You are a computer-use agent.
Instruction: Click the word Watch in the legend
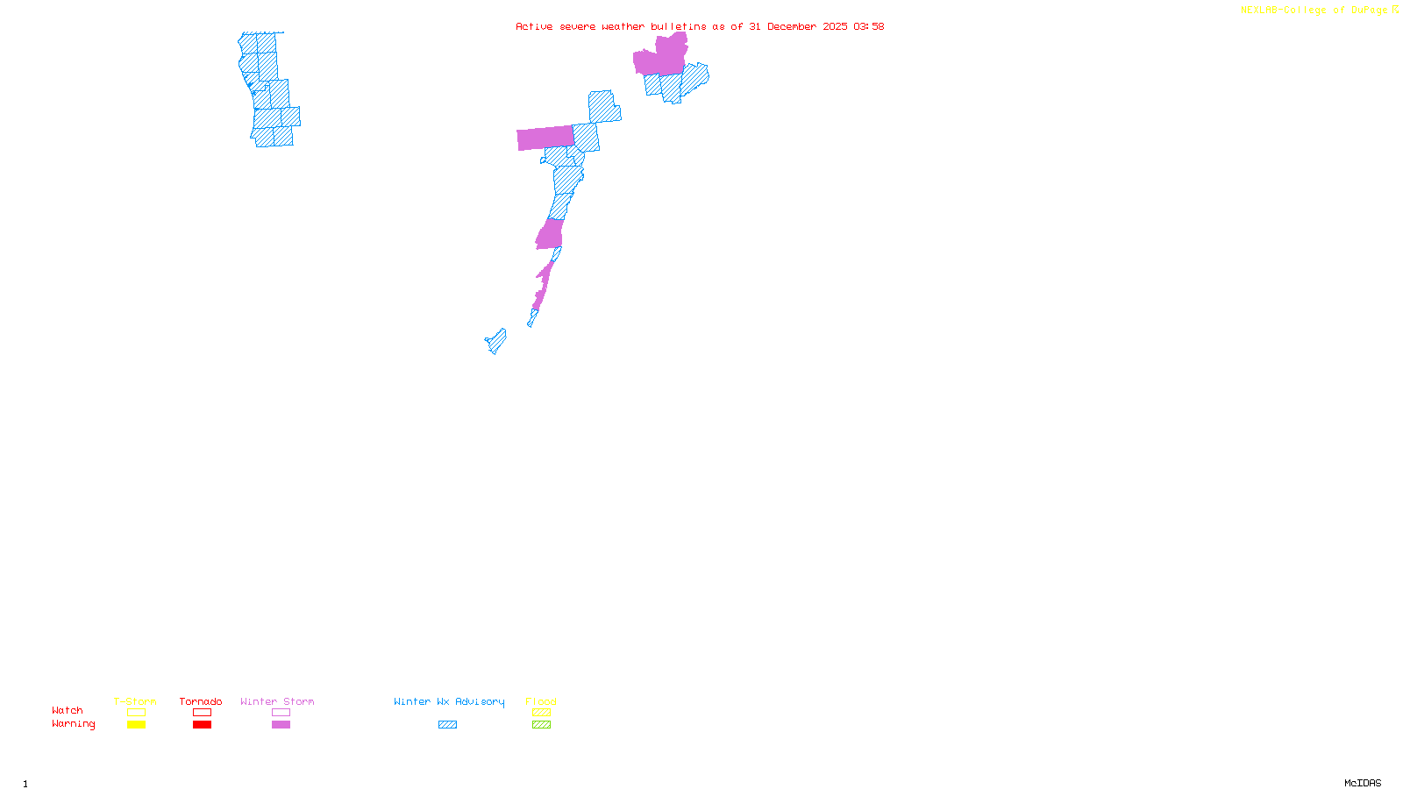pyautogui.click(x=68, y=710)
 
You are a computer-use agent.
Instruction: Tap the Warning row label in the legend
pyautogui.click(x=73, y=724)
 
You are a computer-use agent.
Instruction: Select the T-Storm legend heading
pyautogui.click(x=135, y=701)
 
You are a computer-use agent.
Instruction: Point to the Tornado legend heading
pyautogui.click(x=201, y=701)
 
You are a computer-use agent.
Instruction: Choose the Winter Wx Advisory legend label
pyautogui.click(x=449, y=701)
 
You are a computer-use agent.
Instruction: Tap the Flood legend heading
pyautogui.click(x=541, y=701)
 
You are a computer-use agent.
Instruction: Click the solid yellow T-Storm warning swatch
pyautogui.click(x=136, y=725)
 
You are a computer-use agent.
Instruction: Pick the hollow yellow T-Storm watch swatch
pyautogui.click(x=136, y=713)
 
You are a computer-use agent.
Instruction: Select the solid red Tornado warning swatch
pyautogui.click(x=203, y=725)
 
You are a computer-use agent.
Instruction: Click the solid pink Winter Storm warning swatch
pyautogui.click(x=281, y=725)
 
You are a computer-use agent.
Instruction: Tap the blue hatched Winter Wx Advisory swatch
pyautogui.click(x=447, y=725)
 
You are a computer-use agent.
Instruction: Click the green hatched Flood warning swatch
pyautogui.click(x=541, y=725)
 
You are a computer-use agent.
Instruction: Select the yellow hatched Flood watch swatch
pyautogui.click(x=541, y=713)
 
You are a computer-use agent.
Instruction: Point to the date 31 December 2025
pyautogui.click(x=798, y=26)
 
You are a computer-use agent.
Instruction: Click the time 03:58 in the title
pyautogui.click(x=869, y=26)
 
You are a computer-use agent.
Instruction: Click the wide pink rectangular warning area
pyautogui.click(x=545, y=138)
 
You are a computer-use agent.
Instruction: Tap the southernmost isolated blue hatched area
pyautogui.click(x=496, y=341)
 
